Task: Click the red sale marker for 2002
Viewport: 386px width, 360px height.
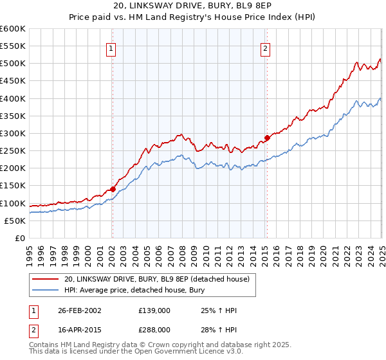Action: pyautogui.click(x=113, y=189)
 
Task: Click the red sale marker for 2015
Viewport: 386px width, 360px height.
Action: pyautogui.click(x=267, y=137)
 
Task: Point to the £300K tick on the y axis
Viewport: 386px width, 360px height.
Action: pyautogui.click(x=13, y=133)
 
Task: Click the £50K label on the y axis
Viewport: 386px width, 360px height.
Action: pyautogui.click(x=15, y=221)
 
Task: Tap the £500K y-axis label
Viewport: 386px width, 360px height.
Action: pyautogui.click(x=13, y=63)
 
